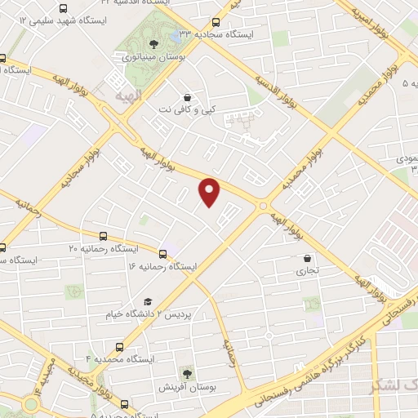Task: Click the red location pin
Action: click(x=210, y=191)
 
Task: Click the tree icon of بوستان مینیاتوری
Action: click(x=153, y=44)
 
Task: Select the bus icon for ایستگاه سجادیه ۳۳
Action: click(x=216, y=23)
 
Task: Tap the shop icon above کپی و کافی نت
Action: click(x=188, y=96)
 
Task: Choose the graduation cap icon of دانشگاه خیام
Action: click(x=148, y=302)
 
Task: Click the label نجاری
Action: click(x=307, y=270)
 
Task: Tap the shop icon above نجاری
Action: click(x=307, y=258)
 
